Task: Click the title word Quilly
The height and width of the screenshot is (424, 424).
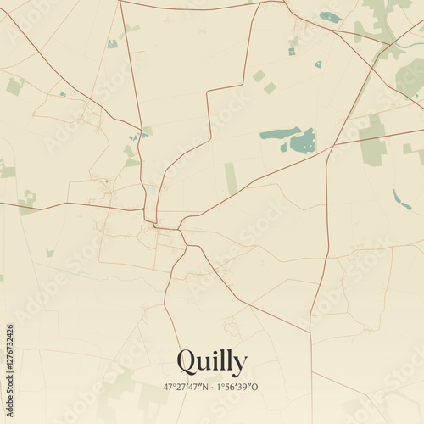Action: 212,362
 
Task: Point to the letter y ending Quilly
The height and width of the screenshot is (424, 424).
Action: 239,365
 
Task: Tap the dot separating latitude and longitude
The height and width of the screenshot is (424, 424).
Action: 211,386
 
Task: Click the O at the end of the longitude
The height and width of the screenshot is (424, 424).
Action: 255,386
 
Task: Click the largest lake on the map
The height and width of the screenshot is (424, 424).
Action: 303,141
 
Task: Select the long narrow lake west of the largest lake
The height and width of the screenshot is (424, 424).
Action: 279,133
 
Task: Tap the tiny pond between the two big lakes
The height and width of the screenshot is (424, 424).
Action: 284,148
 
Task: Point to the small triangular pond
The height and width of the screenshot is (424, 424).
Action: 318,64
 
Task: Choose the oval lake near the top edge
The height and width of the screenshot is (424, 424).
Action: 330,17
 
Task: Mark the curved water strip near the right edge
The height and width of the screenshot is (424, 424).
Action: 401,200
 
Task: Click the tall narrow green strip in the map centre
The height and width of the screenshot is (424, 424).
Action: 231,179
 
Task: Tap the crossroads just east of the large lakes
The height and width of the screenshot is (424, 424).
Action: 330,148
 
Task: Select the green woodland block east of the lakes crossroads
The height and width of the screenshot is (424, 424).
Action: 373,142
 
